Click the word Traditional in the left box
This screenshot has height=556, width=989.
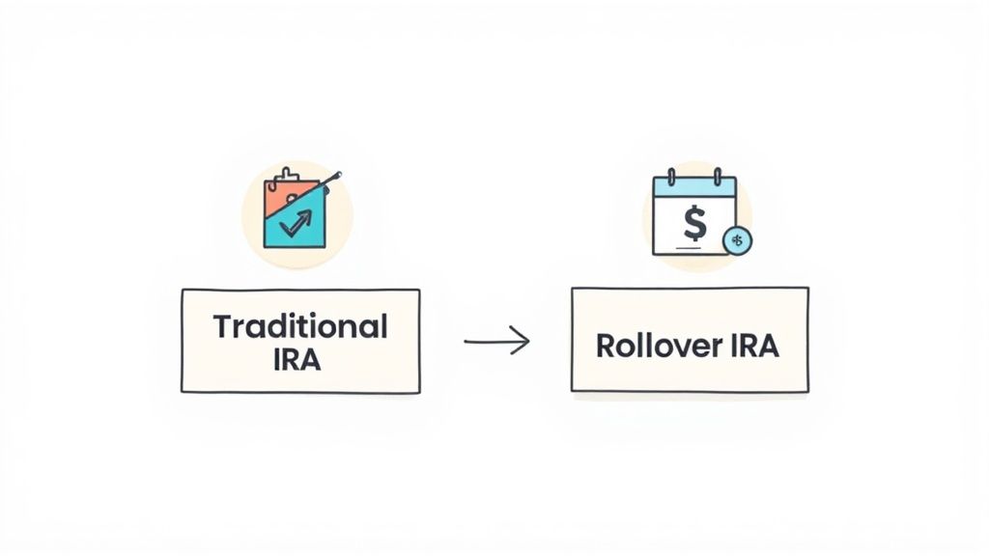pyautogui.click(x=299, y=326)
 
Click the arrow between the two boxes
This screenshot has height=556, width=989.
pyautogui.click(x=495, y=341)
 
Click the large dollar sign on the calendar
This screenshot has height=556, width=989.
pyautogui.click(x=693, y=223)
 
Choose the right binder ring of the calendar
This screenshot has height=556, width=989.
pyautogui.click(x=718, y=178)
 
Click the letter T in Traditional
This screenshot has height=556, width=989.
pyautogui.click(x=221, y=326)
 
